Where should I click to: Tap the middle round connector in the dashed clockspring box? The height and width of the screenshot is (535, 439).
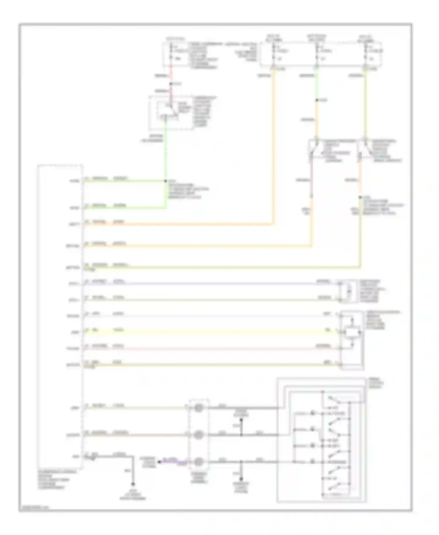[x=199, y=435]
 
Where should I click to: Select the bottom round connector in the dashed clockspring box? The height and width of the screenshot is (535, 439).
[x=199, y=462]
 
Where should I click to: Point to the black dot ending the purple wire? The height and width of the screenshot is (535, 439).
[x=159, y=462]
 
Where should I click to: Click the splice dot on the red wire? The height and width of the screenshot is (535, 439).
[x=171, y=84]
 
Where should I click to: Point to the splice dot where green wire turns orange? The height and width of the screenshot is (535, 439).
[x=317, y=100]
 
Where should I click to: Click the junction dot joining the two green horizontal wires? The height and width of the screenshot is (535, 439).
[x=166, y=181]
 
